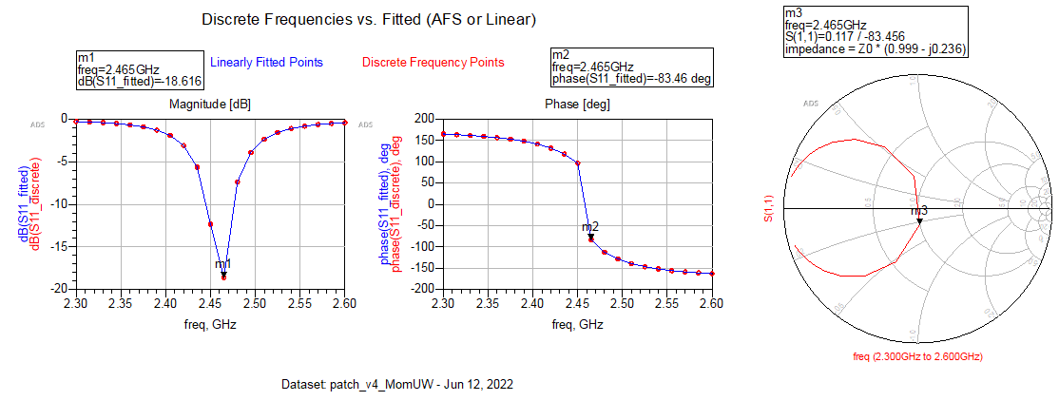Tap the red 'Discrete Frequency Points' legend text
pyautogui.click(x=433, y=63)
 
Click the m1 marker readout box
pyautogui.click(x=139, y=71)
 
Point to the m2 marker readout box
pyautogui.click(x=631, y=67)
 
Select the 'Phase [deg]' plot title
pyautogui.click(x=577, y=103)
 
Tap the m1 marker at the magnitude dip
pyautogui.click(x=223, y=275)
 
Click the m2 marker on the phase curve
pyautogui.click(x=590, y=238)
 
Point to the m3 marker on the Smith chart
pyautogui.click(x=919, y=221)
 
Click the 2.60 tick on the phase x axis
pyautogui.click(x=711, y=302)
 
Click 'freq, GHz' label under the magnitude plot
pyautogui.click(x=209, y=324)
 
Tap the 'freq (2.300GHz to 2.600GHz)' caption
pyautogui.click(x=918, y=355)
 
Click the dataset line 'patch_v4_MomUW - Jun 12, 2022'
pyautogui.click(x=398, y=385)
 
